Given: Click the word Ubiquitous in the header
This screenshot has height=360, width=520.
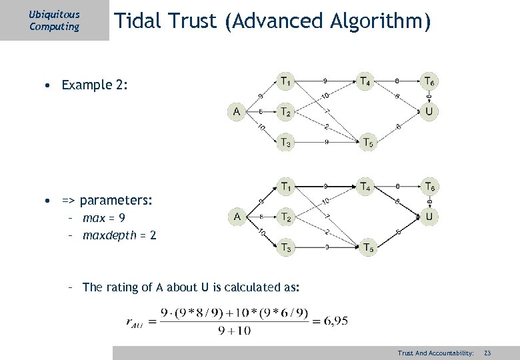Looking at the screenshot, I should (x=54, y=14).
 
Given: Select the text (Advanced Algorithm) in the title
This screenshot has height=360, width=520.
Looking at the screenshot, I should (x=328, y=22).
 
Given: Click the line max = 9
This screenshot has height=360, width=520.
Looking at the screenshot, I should (x=103, y=218).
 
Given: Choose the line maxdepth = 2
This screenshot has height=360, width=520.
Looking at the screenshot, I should (x=119, y=235).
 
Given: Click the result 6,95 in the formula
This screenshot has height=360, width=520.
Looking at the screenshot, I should (x=333, y=321).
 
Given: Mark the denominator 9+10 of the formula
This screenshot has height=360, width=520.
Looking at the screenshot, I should (x=233, y=330).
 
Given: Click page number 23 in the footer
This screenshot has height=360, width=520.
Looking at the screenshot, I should (x=487, y=352).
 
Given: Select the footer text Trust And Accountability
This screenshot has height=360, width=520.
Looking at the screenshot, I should (x=435, y=352).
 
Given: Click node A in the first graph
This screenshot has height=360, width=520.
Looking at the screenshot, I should (x=237, y=111).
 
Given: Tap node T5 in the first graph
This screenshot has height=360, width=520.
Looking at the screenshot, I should (x=368, y=142).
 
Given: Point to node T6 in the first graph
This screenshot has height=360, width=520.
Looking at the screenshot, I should (x=430, y=81).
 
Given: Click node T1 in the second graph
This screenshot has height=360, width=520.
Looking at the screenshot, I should (x=285, y=186).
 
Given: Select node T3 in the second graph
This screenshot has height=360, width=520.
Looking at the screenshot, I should (x=285, y=247).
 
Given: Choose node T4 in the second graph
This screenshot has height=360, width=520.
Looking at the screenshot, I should (x=365, y=186).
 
